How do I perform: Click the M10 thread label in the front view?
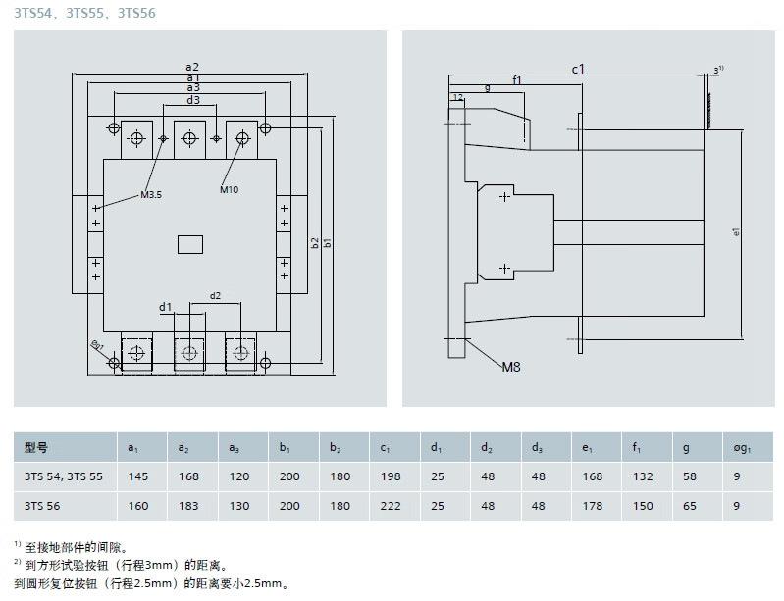point(229,189)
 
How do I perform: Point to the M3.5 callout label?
point(150,195)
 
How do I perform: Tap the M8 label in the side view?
point(511,367)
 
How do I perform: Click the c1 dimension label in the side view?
point(578,69)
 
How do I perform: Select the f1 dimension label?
point(517,80)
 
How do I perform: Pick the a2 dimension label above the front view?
point(192,67)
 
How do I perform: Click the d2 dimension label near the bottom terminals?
point(215,295)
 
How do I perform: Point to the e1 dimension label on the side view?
point(736,231)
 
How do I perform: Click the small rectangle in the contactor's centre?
point(189,244)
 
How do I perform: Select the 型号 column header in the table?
point(36,448)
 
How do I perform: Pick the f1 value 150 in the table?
point(642,506)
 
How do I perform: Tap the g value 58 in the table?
point(690,476)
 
